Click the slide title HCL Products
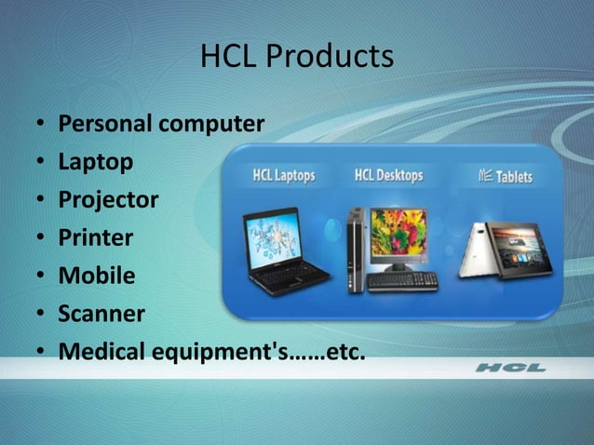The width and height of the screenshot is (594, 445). pos(297,57)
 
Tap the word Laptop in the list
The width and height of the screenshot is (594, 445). pos(95,162)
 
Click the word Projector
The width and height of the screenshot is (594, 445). pos(108,200)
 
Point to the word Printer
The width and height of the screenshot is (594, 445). pos(96,238)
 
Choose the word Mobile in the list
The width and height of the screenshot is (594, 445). pos(97,276)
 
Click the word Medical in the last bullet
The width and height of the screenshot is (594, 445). pos(103,353)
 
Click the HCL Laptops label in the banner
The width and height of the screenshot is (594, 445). pos(284,176)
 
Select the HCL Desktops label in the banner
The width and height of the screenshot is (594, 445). pos(388,175)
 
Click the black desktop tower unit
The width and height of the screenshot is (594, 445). pos(354,249)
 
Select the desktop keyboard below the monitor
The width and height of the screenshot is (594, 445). pos(402,280)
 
